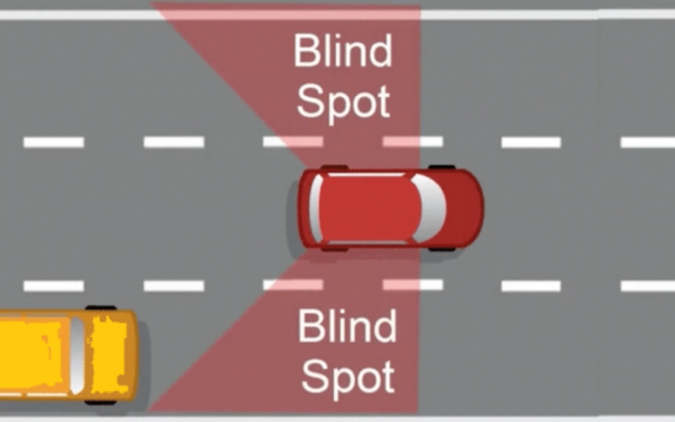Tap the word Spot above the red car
point(343,102)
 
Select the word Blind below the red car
point(347,326)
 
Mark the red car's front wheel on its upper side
point(442,167)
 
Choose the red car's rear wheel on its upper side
point(334,167)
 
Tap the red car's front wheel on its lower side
point(442,248)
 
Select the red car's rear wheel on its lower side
point(334,249)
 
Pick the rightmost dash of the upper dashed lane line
point(647,142)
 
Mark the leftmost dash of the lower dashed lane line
point(53,286)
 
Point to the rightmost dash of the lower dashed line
point(647,286)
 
